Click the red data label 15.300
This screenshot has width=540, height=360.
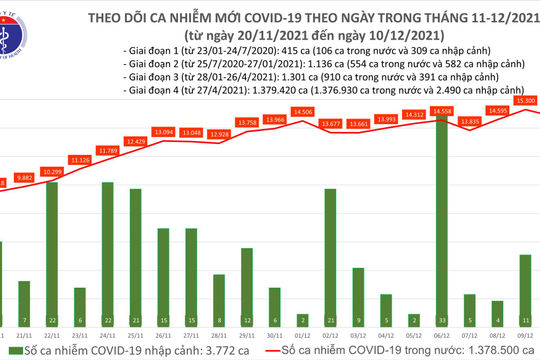click(526, 101)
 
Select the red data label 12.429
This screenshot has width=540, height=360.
click(135, 141)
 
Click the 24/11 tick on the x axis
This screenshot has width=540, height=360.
click(107, 338)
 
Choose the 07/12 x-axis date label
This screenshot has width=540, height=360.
click(469, 338)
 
